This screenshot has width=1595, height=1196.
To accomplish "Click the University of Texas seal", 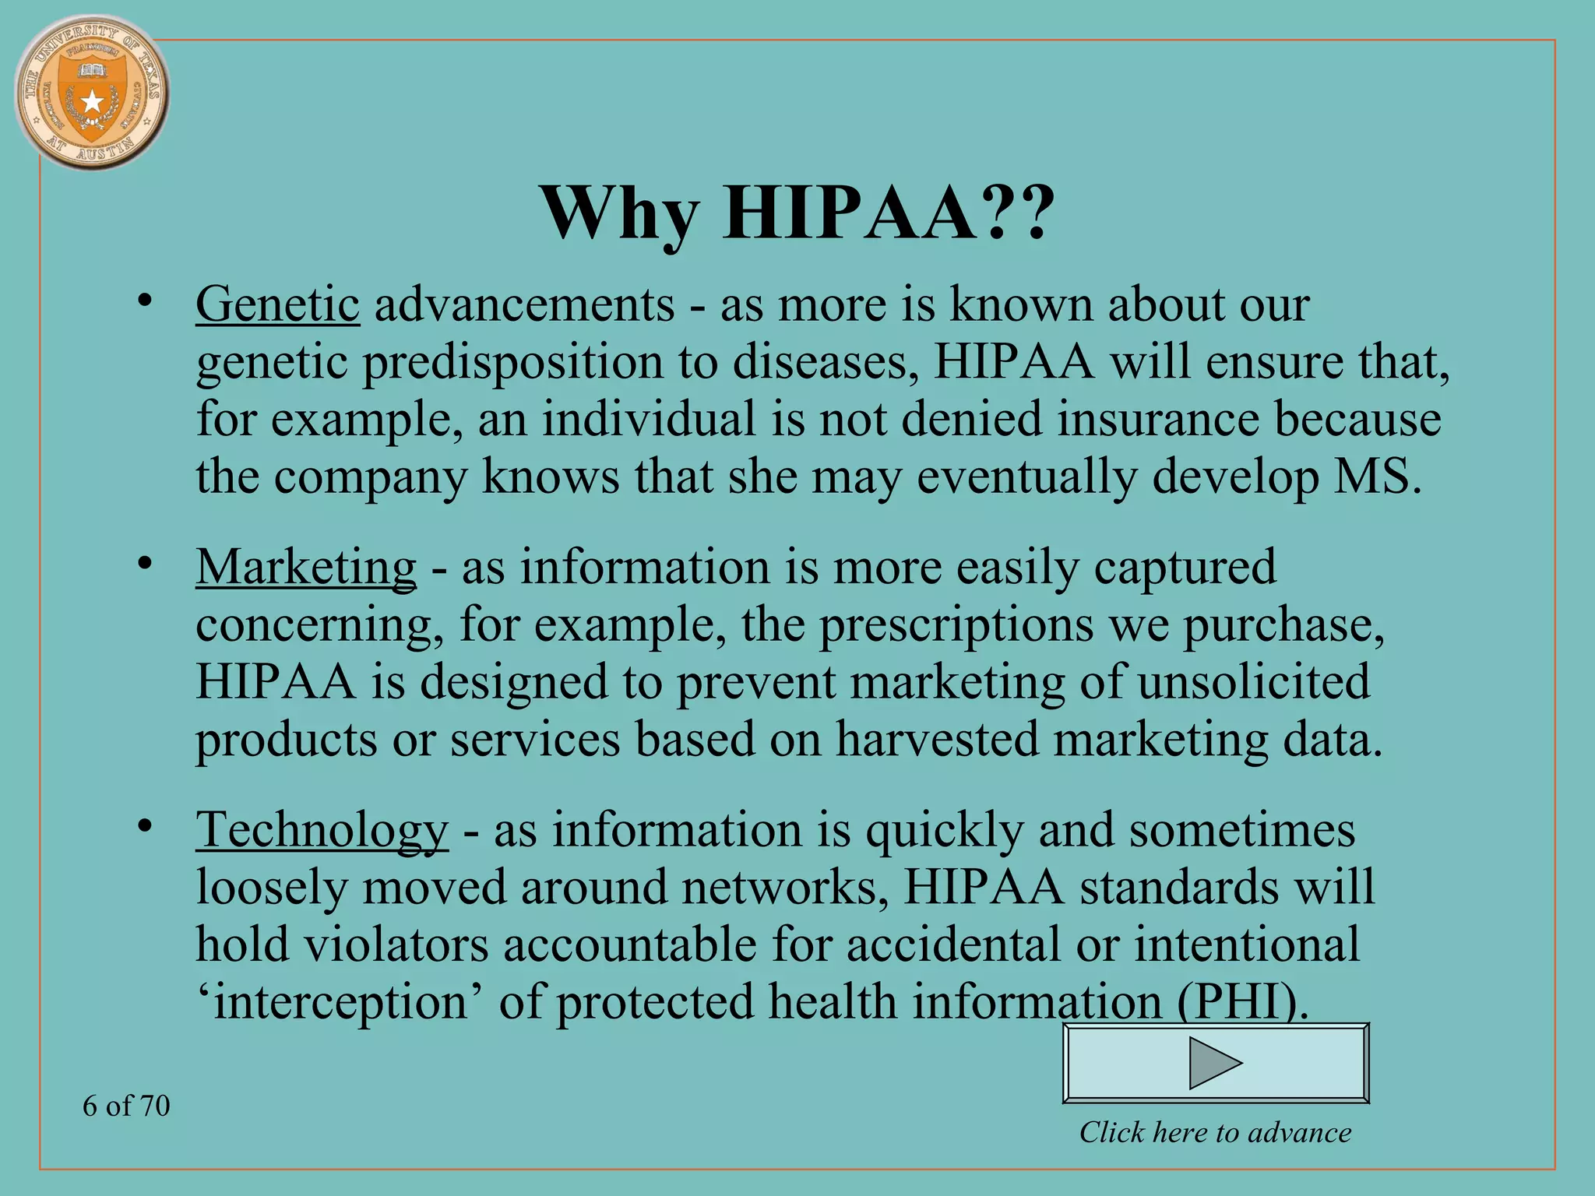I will pos(92,92).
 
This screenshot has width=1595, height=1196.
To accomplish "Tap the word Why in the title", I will pos(619,213).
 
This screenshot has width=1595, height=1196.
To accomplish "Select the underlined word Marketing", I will pos(306,567).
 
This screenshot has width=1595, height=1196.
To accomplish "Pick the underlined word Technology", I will pos(322,830).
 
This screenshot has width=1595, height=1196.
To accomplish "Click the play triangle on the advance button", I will pos(1214,1062).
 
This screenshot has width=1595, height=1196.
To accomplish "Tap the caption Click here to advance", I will pos(1215,1132).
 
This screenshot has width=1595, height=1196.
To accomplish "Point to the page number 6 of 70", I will pos(126,1106).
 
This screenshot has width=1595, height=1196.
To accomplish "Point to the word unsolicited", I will pos(1253,682).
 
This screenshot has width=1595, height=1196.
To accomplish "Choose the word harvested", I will pos(937,739).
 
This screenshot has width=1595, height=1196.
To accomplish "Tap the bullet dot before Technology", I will pos(143,827).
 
